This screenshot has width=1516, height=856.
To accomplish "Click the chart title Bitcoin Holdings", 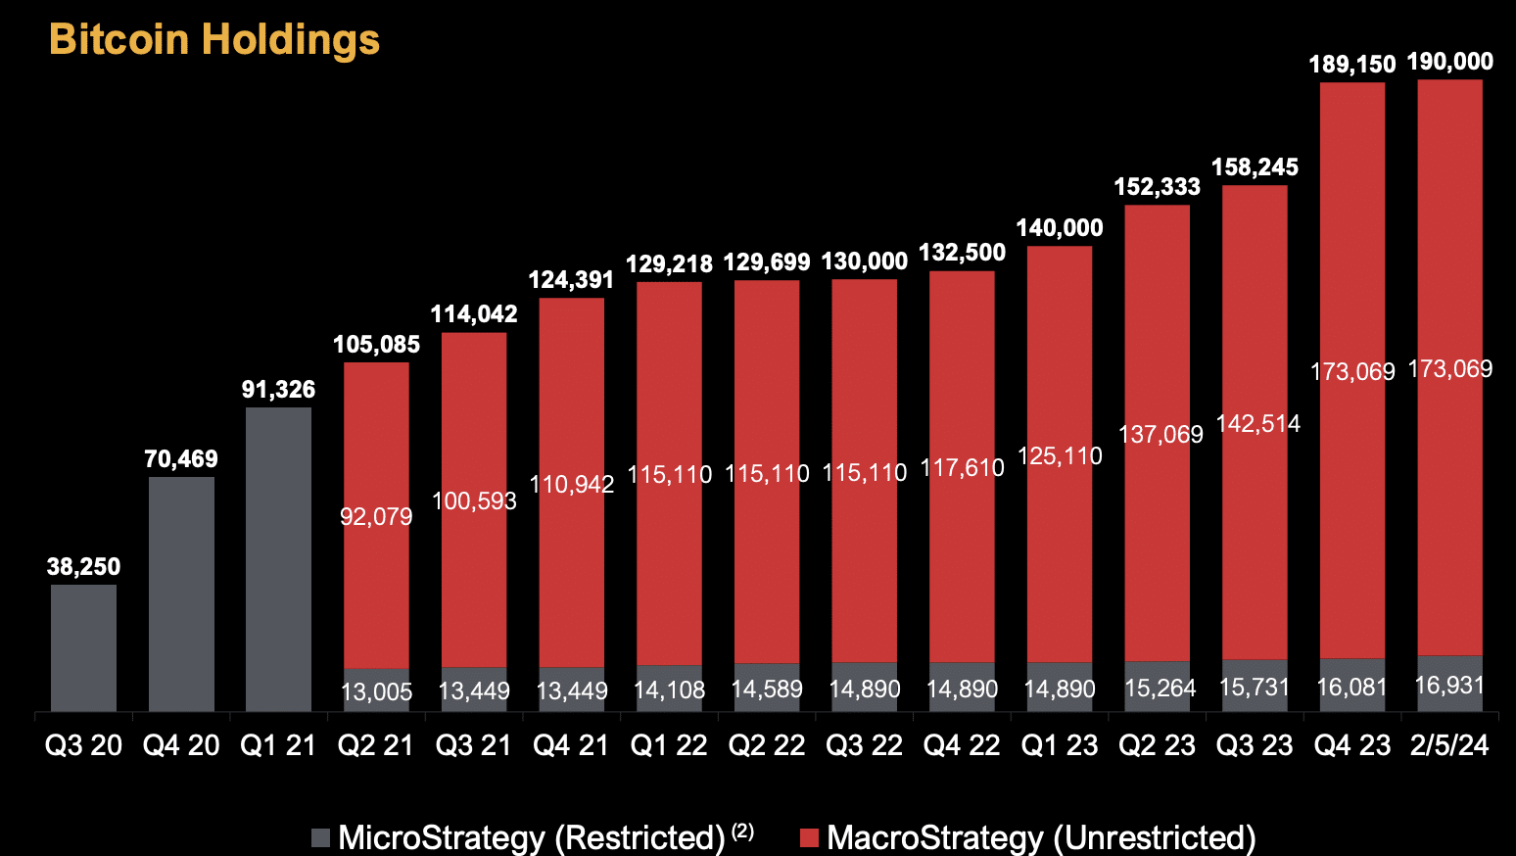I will coord(214,40).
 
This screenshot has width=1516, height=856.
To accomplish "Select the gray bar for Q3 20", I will coord(83,647).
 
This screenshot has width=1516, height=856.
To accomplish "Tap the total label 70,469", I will coord(181,458).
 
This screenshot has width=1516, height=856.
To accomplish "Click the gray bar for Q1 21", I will coord(278,558).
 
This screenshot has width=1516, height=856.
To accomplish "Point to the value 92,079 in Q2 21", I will coord(376,516).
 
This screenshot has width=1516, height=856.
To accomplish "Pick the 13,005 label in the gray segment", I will coord(376,691).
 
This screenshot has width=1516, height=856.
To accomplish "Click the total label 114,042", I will coord(474,313).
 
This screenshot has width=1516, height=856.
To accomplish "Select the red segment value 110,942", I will coord(572,484).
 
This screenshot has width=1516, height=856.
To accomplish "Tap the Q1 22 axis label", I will coord(669,745).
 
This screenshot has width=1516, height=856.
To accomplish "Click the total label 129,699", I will coord(767,262).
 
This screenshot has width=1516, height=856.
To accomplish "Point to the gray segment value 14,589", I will coord(767,689).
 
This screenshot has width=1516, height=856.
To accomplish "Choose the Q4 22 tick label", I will coord(962,745).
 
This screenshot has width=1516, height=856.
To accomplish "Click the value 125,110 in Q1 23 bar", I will coord(1060,455).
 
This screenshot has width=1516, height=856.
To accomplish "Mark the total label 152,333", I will coord(1157,186).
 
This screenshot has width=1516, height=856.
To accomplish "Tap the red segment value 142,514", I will coord(1258,423).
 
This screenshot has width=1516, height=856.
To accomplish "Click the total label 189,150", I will coord(1352,65).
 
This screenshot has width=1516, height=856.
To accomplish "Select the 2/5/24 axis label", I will coord(1449,745).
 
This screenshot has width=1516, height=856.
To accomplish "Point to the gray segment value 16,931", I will coord(1449,685).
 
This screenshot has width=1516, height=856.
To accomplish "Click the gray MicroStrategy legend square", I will coord(321,837).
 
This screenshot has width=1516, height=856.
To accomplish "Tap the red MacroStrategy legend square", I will coord(809,837).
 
